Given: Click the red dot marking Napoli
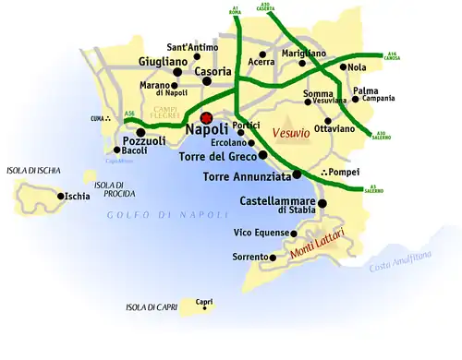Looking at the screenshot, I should [206, 117].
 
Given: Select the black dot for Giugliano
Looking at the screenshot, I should [176, 71].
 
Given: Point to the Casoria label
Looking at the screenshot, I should [213, 70].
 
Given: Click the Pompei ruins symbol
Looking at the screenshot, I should [323, 173].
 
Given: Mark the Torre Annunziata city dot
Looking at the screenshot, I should [298, 174].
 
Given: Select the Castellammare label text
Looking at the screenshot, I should [277, 201].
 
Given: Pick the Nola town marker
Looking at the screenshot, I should [343, 67].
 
